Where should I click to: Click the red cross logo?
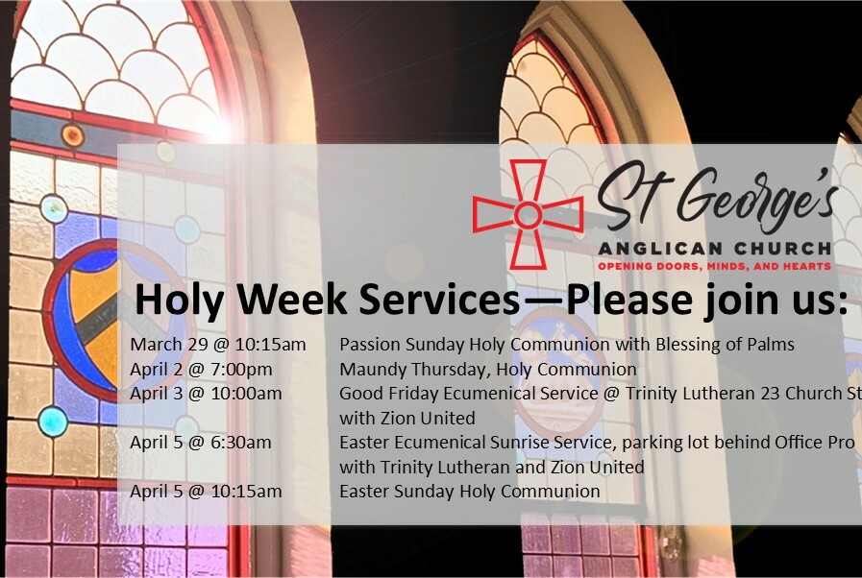tap(528, 214)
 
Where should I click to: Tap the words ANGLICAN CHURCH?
tap(715, 249)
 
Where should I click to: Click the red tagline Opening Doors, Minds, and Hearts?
tap(715, 267)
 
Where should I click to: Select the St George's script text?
tap(718, 197)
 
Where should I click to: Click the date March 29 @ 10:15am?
tap(218, 345)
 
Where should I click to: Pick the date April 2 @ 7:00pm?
tap(201, 370)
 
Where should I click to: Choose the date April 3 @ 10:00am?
tap(207, 394)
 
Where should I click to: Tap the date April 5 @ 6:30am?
tap(201, 443)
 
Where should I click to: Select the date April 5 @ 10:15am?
tap(207, 492)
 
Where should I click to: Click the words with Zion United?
tap(407, 418)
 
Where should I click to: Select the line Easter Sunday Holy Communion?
tap(470, 492)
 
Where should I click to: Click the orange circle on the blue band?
tap(73, 135)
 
